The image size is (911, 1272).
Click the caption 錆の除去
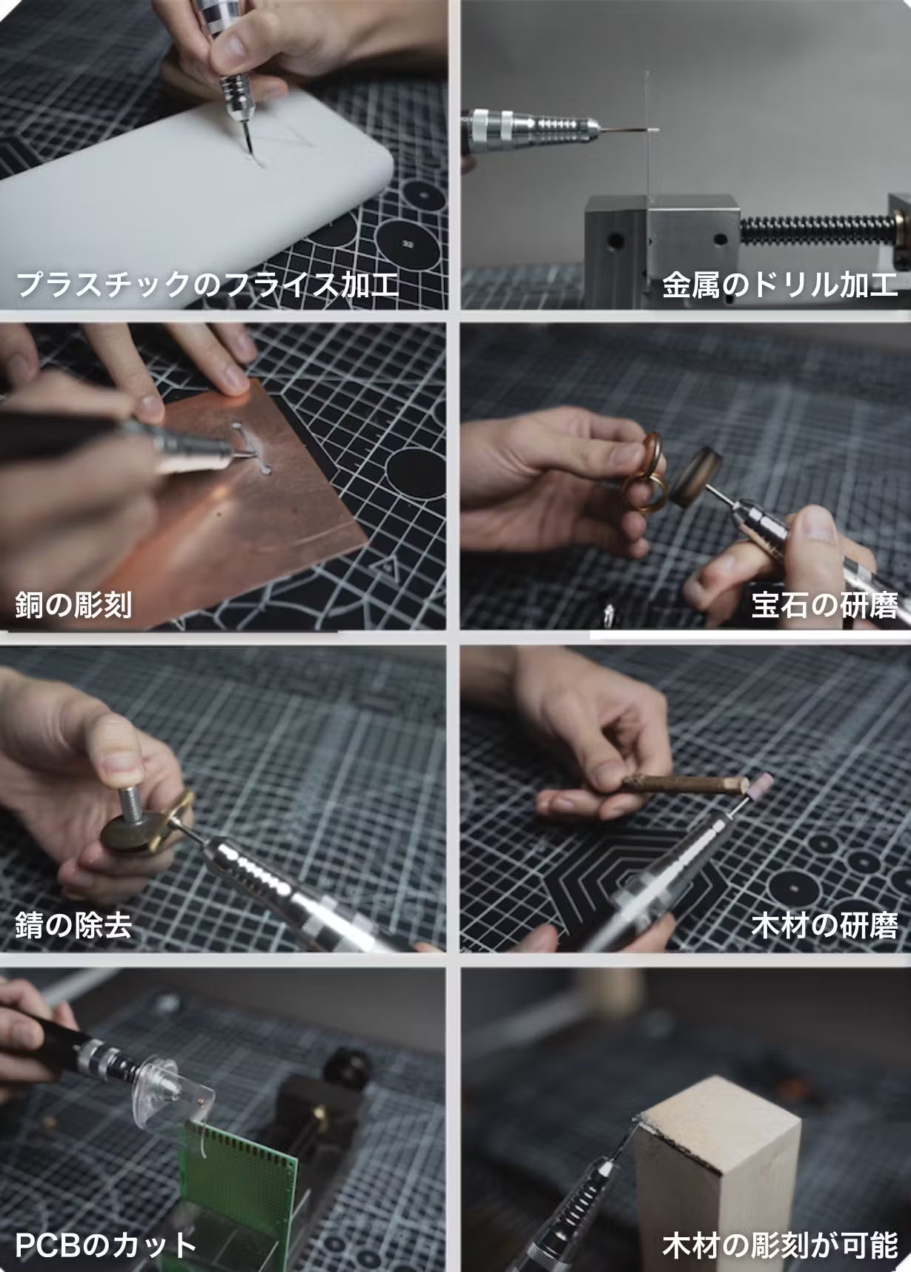pos(73,926)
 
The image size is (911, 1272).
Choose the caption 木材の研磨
pos(824,926)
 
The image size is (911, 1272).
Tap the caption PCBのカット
pos(105,1245)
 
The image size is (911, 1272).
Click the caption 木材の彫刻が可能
pos(780,1245)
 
